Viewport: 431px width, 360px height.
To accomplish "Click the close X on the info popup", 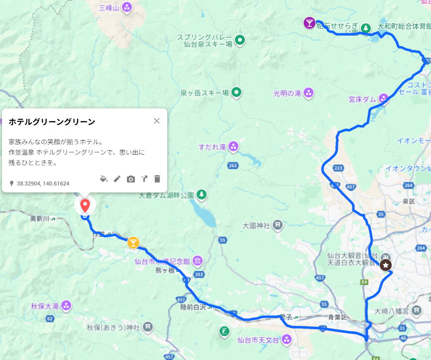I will click(x=157, y=121).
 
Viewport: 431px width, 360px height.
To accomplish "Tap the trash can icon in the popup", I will click(x=157, y=179).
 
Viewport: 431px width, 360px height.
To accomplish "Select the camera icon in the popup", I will click(x=131, y=179).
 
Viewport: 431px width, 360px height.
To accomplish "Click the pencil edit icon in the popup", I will click(x=117, y=179).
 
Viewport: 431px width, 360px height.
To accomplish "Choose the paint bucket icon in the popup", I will click(x=104, y=179).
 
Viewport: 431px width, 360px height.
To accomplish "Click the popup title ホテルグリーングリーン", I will click(x=52, y=122).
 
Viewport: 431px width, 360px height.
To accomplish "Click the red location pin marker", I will click(x=85, y=204).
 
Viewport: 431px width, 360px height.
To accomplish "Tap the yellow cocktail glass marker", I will click(x=133, y=243).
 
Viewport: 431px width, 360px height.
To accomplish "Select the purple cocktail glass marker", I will click(x=310, y=23).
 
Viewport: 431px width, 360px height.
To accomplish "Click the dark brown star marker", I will click(x=386, y=265).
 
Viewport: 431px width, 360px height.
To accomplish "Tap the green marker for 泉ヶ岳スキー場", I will click(x=237, y=92).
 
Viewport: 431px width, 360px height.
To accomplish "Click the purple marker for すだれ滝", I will click(x=233, y=147).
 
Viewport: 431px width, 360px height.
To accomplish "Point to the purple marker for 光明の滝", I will click(x=309, y=92).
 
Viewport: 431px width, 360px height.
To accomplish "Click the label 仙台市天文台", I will click(x=257, y=340).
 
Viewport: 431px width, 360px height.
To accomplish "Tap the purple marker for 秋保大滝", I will click(x=66, y=305).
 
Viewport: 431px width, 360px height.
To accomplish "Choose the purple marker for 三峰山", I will click(x=127, y=7).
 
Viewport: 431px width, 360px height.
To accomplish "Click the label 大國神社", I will click(x=255, y=225).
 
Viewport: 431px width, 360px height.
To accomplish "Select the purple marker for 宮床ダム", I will click(x=384, y=99).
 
